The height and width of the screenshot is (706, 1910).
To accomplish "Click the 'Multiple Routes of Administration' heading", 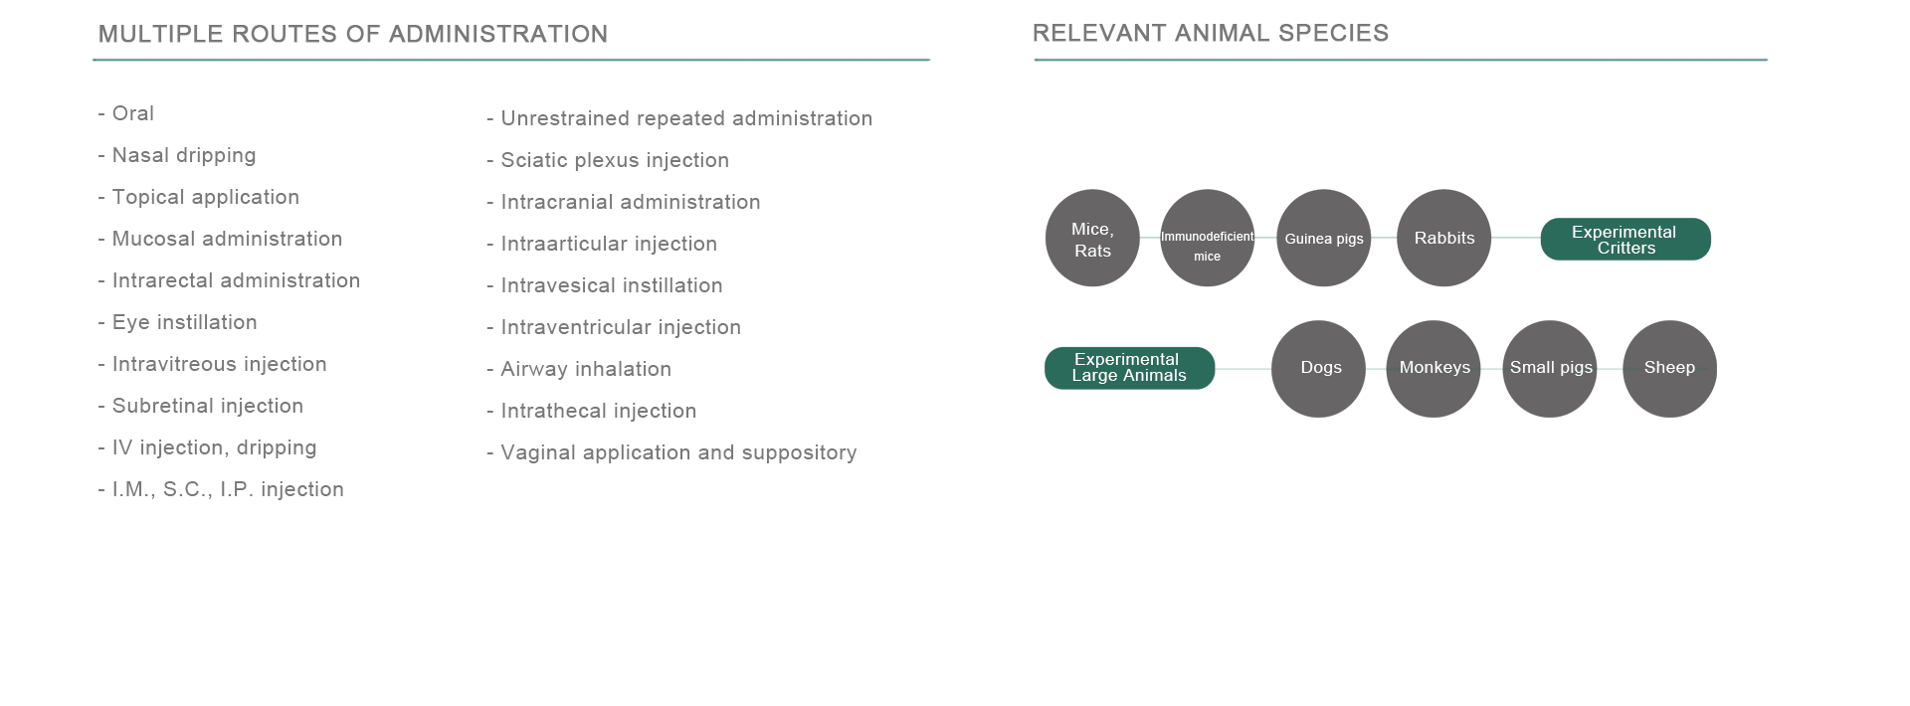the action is [353, 34].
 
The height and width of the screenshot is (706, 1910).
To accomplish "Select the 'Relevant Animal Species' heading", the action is [1211, 33].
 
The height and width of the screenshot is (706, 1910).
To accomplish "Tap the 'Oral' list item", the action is [126, 113].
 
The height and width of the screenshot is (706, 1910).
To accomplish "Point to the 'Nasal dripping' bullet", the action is [177, 155].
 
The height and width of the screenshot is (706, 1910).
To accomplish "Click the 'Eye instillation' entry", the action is [178, 322].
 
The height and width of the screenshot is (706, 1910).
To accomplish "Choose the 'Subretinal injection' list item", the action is [201, 406].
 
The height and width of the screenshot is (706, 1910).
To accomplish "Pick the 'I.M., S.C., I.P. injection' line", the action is [221, 489].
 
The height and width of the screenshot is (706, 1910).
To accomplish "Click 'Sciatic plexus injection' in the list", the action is [608, 160].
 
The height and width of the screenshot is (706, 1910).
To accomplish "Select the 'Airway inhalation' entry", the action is [579, 369].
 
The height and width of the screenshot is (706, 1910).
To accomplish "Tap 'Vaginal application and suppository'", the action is [671, 452].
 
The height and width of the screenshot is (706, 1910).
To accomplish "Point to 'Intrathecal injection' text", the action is [592, 411].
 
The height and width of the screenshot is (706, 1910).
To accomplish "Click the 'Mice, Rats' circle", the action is [1092, 239].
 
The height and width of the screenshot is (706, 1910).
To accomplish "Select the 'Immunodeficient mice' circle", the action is [1208, 239].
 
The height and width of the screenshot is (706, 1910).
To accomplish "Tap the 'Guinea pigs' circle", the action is [1324, 239].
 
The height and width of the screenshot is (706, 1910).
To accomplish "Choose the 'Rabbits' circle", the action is [1444, 239].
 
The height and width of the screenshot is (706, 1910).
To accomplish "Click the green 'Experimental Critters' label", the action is [1625, 240].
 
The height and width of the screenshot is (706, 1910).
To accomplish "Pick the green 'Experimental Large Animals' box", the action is [1130, 368].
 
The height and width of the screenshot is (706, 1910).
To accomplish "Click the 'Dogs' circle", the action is [1319, 369].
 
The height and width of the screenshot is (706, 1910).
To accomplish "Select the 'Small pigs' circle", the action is [1550, 369].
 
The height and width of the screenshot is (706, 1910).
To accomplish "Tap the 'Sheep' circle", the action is [1670, 369].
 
